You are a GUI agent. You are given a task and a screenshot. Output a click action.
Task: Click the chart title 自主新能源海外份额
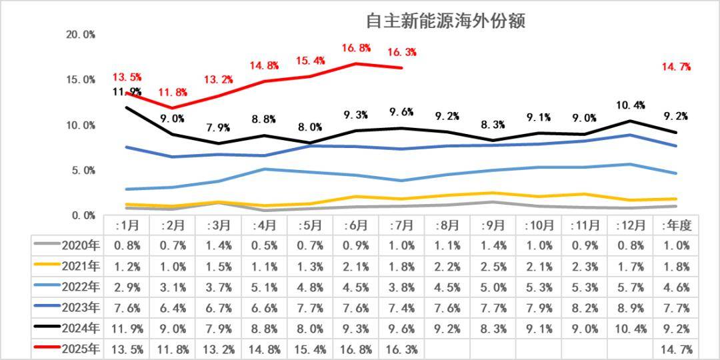(445, 21)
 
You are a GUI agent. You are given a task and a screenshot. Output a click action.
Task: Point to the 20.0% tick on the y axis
(80, 35)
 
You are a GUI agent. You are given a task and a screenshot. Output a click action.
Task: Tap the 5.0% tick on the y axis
(83, 171)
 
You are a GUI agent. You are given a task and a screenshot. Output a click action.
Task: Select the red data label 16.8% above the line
(356, 48)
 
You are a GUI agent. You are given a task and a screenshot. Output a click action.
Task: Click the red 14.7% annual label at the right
(676, 67)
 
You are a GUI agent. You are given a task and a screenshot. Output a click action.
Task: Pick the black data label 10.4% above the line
(630, 105)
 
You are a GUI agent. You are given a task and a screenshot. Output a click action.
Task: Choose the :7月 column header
(402, 225)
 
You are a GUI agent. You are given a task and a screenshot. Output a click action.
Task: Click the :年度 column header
(676, 225)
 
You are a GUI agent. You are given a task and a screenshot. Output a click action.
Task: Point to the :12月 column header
(630, 225)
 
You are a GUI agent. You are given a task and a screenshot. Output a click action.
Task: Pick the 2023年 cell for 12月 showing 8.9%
(630, 307)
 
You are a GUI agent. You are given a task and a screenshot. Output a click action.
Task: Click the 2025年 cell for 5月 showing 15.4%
(310, 349)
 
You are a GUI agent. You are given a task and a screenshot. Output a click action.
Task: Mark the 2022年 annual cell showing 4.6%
(676, 287)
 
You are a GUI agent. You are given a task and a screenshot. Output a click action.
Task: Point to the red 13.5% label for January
(127, 77)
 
